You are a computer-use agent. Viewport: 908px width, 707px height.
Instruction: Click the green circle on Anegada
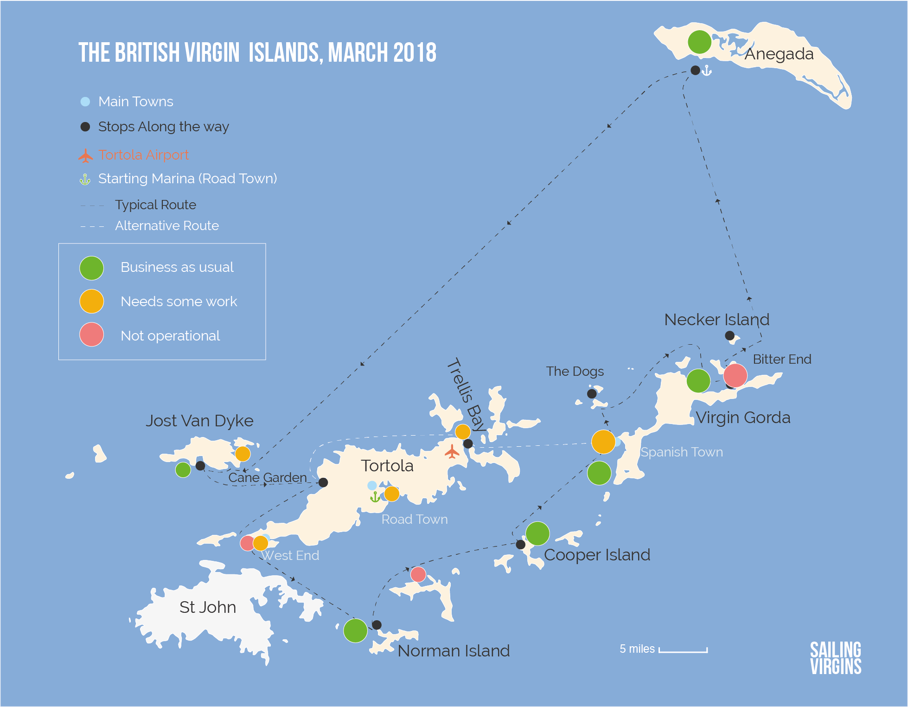click(699, 42)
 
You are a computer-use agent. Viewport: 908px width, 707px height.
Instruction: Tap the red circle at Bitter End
click(735, 375)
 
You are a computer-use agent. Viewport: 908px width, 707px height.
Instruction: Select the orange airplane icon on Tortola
click(452, 451)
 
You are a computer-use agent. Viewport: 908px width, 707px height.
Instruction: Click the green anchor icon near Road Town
click(375, 497)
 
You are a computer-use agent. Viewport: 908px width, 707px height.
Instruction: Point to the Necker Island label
click(716, 320)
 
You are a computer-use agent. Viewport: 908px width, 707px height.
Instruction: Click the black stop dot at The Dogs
click(592, 394)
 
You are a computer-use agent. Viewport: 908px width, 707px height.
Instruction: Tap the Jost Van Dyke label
click(199, 421)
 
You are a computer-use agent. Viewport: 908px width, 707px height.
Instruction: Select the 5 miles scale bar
click(683, 650)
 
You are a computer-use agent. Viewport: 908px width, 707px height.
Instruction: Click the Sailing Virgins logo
click(835, 658)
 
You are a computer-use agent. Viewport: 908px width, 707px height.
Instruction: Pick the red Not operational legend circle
click(91, 334)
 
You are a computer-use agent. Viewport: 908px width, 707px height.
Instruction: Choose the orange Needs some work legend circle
click(91, 301)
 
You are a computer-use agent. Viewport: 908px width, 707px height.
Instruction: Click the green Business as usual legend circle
click(91, 268)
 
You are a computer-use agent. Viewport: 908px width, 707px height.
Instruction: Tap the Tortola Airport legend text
click(143, 155)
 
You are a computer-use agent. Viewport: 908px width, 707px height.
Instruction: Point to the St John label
click(207, 607)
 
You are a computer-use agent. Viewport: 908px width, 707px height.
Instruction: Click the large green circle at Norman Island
click(355, 630)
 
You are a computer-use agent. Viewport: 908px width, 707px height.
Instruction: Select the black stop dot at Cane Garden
click(323, 482)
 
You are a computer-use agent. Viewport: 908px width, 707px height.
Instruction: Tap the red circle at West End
click(247, 542)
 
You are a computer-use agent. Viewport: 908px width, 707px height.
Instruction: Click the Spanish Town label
click(681, 452)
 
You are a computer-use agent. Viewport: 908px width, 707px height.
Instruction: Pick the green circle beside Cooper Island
click(537, 533)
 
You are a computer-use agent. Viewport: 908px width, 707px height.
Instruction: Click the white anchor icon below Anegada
click(706, 71)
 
